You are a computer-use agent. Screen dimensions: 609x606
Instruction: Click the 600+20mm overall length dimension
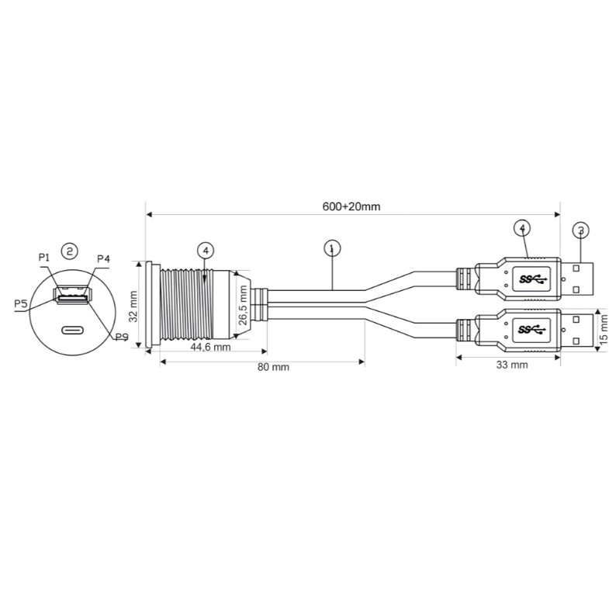351,206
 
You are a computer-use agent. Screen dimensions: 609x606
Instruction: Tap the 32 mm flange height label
133,306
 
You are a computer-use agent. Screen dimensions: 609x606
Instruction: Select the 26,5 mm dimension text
243,306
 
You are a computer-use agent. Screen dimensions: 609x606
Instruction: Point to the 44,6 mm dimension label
210,347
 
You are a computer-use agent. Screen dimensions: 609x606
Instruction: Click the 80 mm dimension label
273,367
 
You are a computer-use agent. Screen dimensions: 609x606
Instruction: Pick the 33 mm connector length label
512,365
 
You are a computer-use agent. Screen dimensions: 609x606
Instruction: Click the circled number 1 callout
332,248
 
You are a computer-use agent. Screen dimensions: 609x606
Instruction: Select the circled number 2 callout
70,251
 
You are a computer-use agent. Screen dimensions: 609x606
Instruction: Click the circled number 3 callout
580,230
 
